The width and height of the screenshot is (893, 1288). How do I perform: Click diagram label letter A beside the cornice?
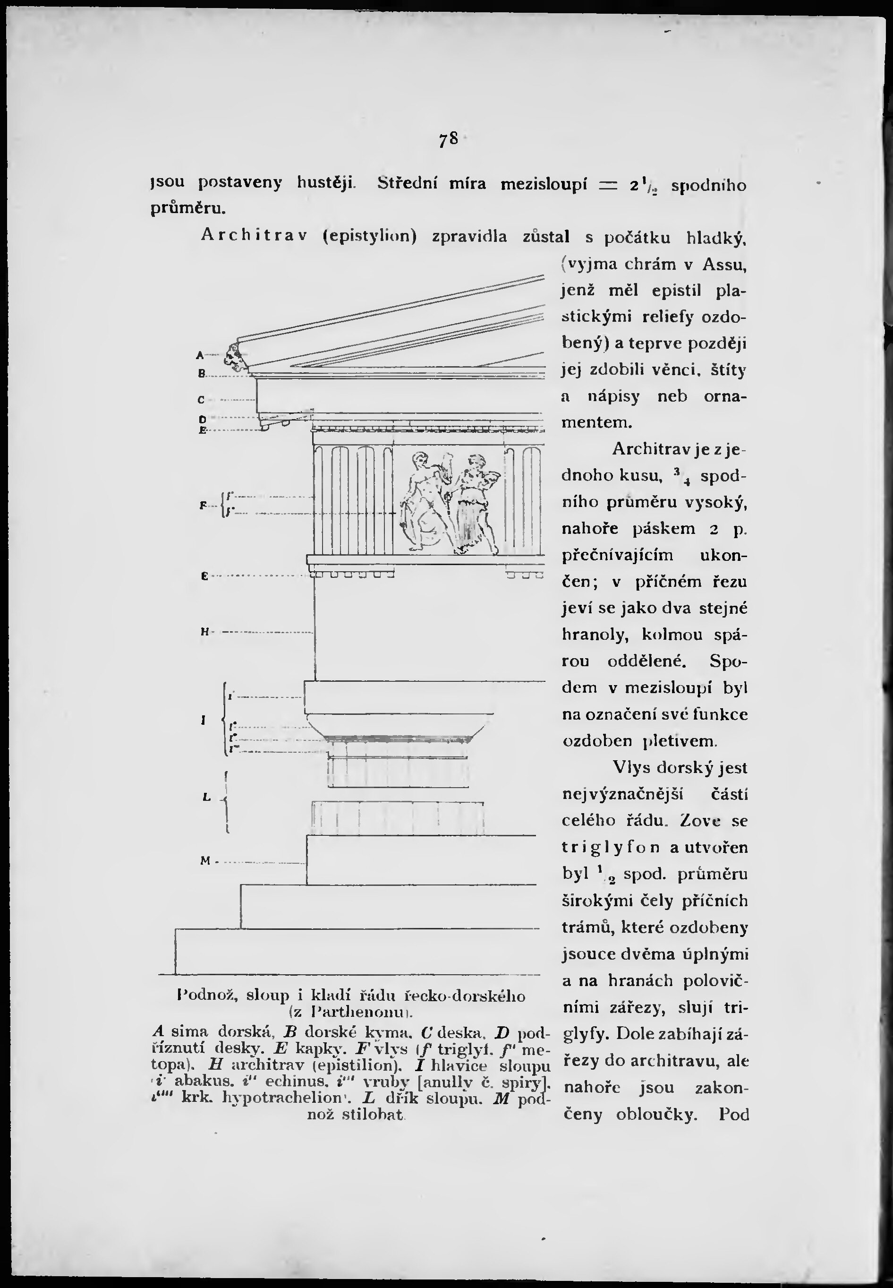(x=200, y=354)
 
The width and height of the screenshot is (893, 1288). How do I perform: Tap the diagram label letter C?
(x=201, y=400)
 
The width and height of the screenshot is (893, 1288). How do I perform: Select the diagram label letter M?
(x=205, y=861)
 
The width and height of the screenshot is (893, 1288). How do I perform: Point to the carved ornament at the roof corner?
(x=235, y=358)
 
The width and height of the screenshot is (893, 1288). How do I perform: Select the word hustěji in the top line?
(x=326, y=182)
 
